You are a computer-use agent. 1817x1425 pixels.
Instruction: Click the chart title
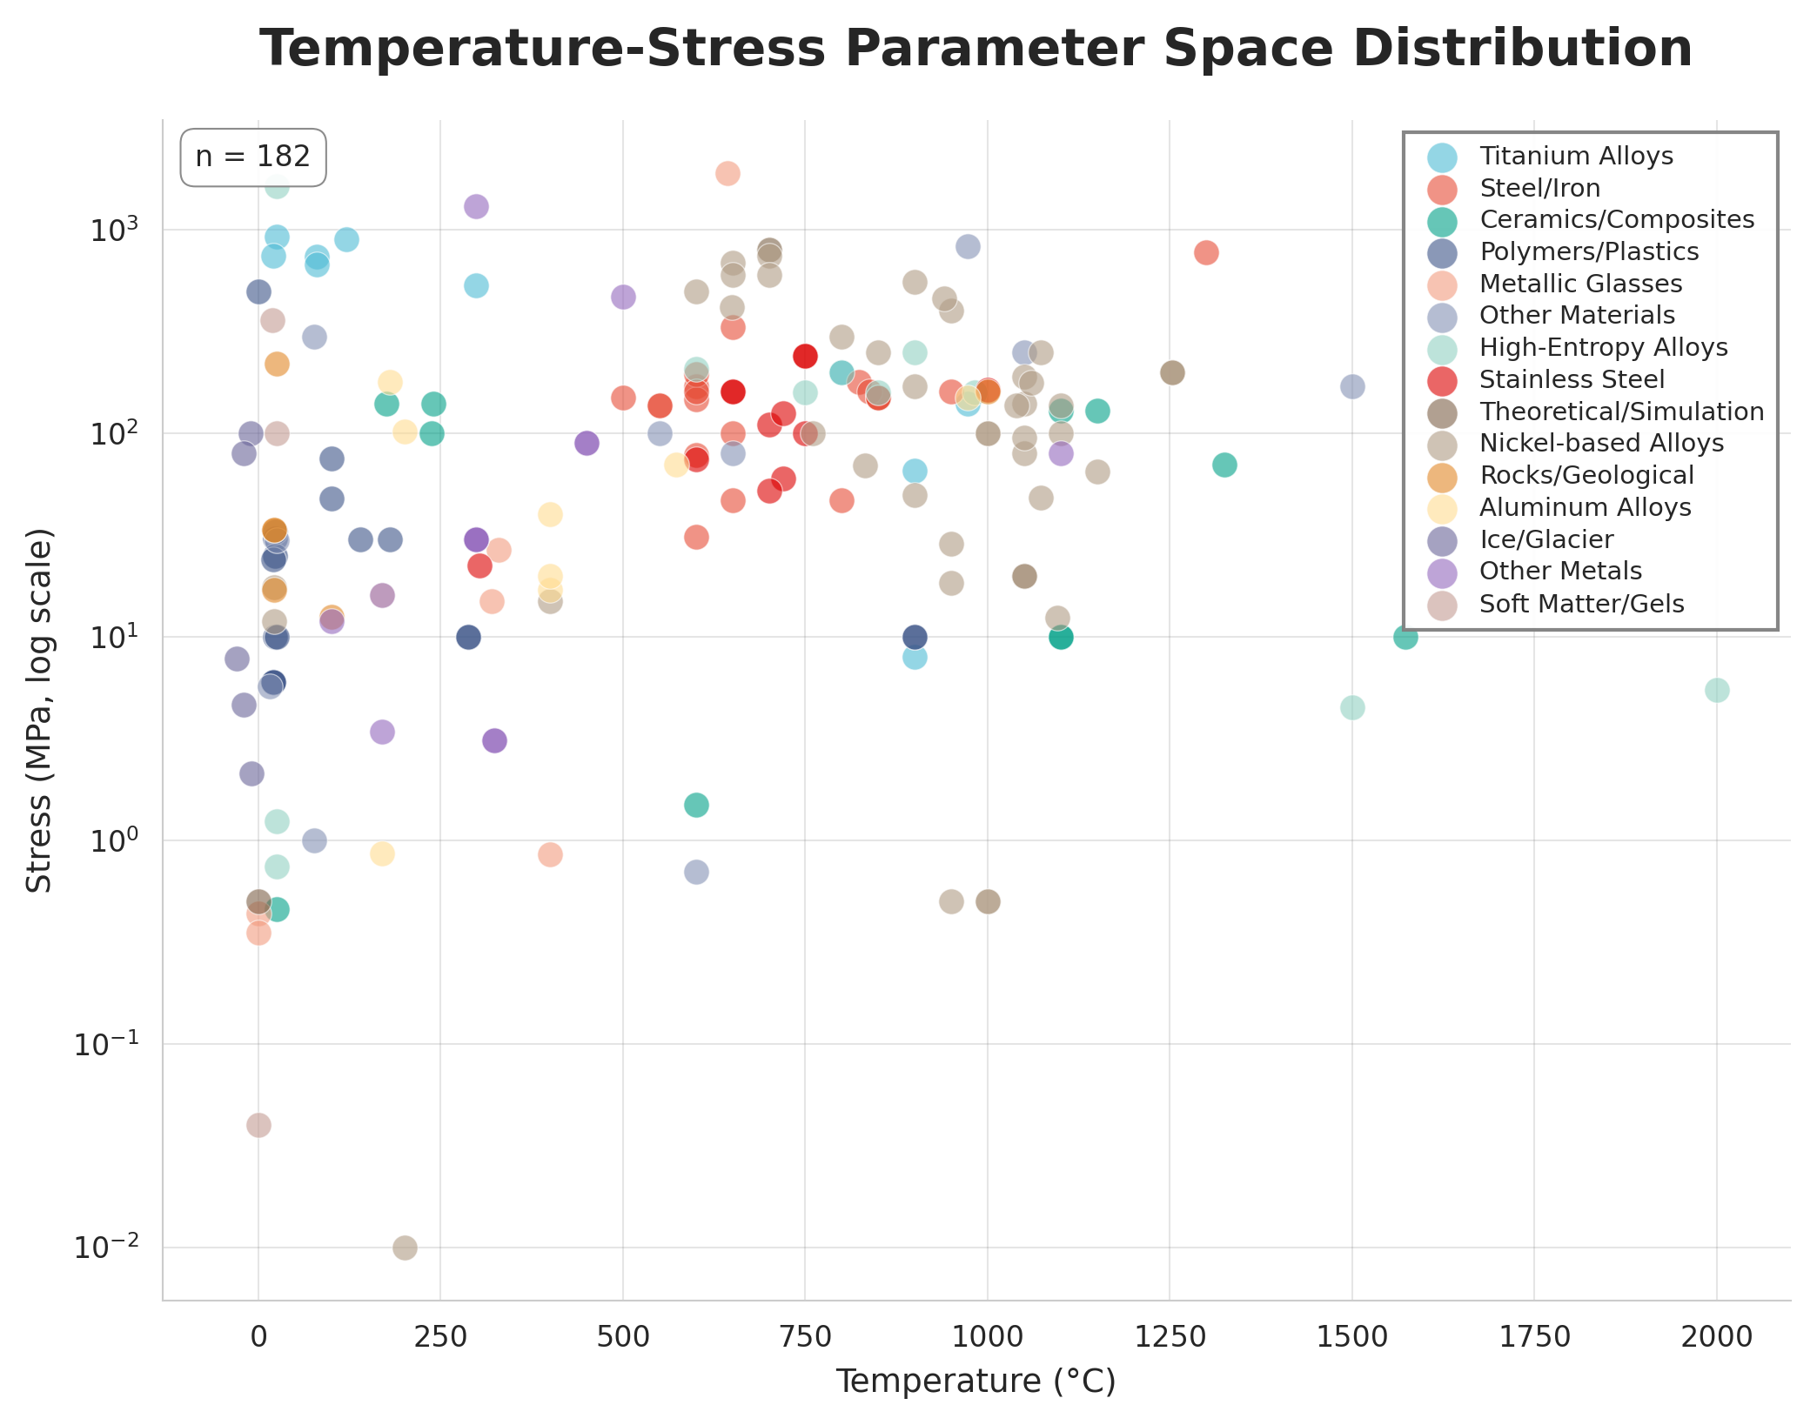(976, 49)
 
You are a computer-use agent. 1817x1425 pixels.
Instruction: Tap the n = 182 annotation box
(252, 157)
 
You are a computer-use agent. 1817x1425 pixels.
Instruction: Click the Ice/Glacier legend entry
(1545, 540)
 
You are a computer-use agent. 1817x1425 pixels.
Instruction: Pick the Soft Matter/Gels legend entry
(1580, 605)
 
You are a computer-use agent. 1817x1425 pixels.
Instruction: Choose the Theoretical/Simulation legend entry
(1620, 412)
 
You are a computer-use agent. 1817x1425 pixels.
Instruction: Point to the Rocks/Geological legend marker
(1442, 477)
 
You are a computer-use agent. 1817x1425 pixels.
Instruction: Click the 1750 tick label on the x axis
(1534, 1337)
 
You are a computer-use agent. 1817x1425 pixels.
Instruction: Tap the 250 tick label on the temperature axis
(440, 1337)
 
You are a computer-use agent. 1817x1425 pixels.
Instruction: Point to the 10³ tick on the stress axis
(113, 231)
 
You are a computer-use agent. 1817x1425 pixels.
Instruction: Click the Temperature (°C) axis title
(976, 1382)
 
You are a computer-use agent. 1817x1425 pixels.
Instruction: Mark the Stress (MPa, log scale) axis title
(39, 710)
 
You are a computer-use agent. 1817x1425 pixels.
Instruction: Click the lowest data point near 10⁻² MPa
(405, 1248)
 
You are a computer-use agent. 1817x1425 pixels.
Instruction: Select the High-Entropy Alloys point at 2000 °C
(1716, 691)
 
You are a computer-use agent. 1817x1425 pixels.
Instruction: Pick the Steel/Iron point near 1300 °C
(1206, 253)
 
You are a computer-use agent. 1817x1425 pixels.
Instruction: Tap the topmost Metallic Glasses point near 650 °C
(727, 174)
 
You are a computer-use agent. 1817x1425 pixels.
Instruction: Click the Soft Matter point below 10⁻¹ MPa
(258, 1126)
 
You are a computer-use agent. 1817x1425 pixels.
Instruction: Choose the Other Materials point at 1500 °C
(1351, 387)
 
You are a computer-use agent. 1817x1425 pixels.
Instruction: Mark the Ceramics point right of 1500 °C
(1405, 638)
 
